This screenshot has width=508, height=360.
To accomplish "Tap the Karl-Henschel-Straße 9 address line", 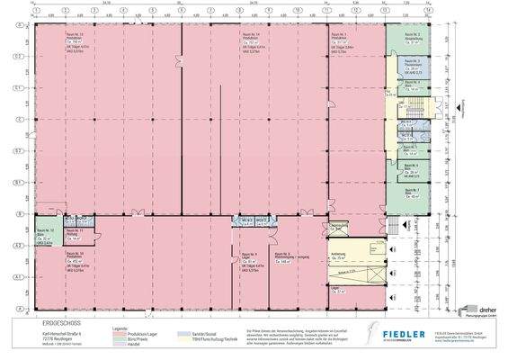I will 44,329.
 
